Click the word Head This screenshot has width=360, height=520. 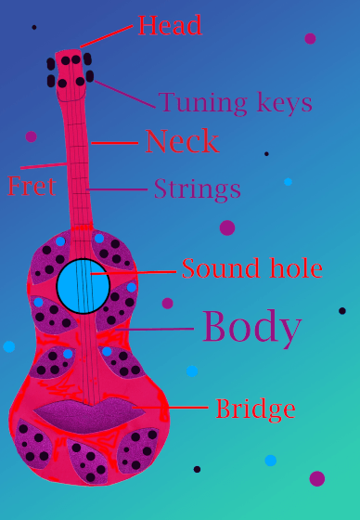click(x=170, y=25)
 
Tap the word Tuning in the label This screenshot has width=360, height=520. click(x=202, y=103)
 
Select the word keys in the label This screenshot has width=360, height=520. click(x=284, y=102)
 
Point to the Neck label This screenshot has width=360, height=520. click(x=183, y=141)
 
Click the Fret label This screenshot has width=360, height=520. click(x=32, y=186)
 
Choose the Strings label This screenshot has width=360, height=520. click(x=198, y=189)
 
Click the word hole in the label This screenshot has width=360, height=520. click(x=296, y=268)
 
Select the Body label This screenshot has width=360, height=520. click(x=252, y=328)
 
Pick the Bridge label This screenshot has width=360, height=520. click(x=255, y=409)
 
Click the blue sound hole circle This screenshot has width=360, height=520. click(x=84, y=286)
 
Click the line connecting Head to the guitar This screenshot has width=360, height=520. click(x=107, y=36)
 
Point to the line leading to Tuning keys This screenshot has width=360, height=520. click(x=125, y=94)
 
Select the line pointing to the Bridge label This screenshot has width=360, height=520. click(x=170, y=407)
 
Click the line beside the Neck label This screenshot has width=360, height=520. click(x=115, y=143)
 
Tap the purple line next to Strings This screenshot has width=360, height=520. click(x=117, y=189)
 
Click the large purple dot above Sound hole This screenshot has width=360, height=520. click(x=227, y=227)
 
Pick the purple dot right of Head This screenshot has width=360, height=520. click(x=310, y=38)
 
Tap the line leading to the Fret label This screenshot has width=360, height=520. click(x=45, y=165)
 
